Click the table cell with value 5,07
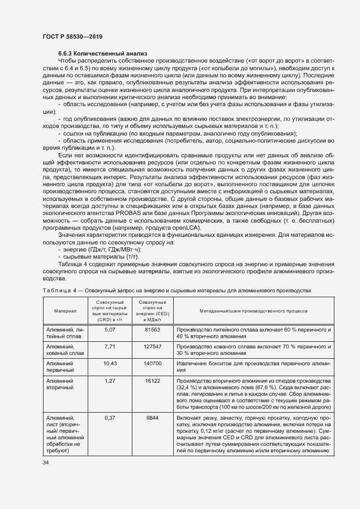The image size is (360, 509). [110, 330]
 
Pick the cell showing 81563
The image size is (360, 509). [152, 330]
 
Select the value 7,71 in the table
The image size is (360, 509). [110, 346]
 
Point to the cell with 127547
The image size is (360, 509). [152, 346]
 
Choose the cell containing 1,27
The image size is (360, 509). [110, 381]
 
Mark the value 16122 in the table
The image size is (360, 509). [152, 381]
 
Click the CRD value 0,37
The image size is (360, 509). [110, 418]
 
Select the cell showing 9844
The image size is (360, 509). [152, 418]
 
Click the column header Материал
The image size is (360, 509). [65, 311]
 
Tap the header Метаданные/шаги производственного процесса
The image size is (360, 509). [252, 311]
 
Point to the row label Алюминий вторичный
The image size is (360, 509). [60, 384]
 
